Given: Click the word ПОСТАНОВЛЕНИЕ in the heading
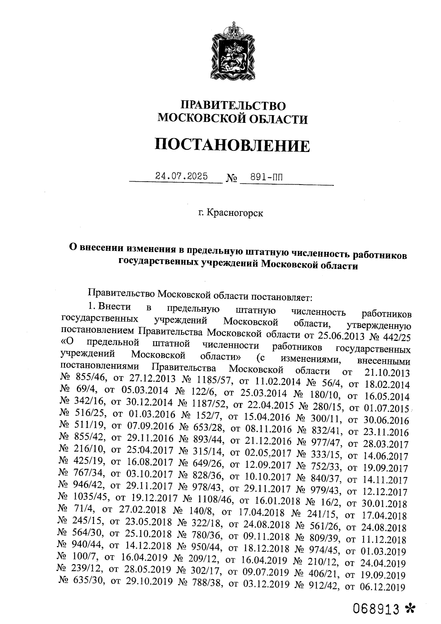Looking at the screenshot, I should click(x=232, y=145).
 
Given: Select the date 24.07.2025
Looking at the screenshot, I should click(x=181, y=176).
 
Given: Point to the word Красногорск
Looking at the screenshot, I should click(x=235, y=213).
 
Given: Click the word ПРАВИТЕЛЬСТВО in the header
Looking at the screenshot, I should click(x=233, y=106).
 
